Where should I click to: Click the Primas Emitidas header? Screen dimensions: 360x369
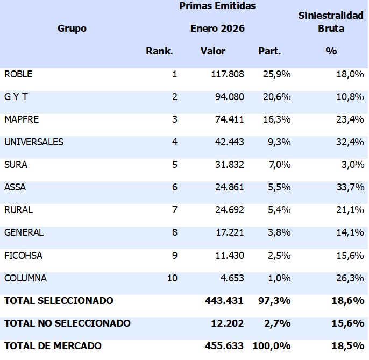(x=217, y=6)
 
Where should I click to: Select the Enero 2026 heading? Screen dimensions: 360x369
(x=217, y=29)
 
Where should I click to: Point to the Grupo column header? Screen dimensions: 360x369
(x=72, y=29)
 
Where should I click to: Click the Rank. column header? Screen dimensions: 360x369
(x=159, y=51)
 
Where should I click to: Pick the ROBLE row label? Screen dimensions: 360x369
(x=18, y=74)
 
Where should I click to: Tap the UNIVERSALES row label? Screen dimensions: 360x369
(x=34, y=142)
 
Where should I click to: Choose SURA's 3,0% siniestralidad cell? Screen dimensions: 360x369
(x=351, y=165)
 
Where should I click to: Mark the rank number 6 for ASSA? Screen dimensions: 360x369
(x=174, y=187)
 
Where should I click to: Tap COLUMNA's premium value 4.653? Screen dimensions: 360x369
(x=231, y=278)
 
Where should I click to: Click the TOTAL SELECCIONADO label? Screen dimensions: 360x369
(x=59, y=301)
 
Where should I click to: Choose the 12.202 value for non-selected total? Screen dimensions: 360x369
(x=229, y=323)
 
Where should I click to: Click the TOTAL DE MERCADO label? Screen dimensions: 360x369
(x=53, y=346)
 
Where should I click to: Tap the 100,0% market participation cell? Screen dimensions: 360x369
(x=274, y=346)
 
